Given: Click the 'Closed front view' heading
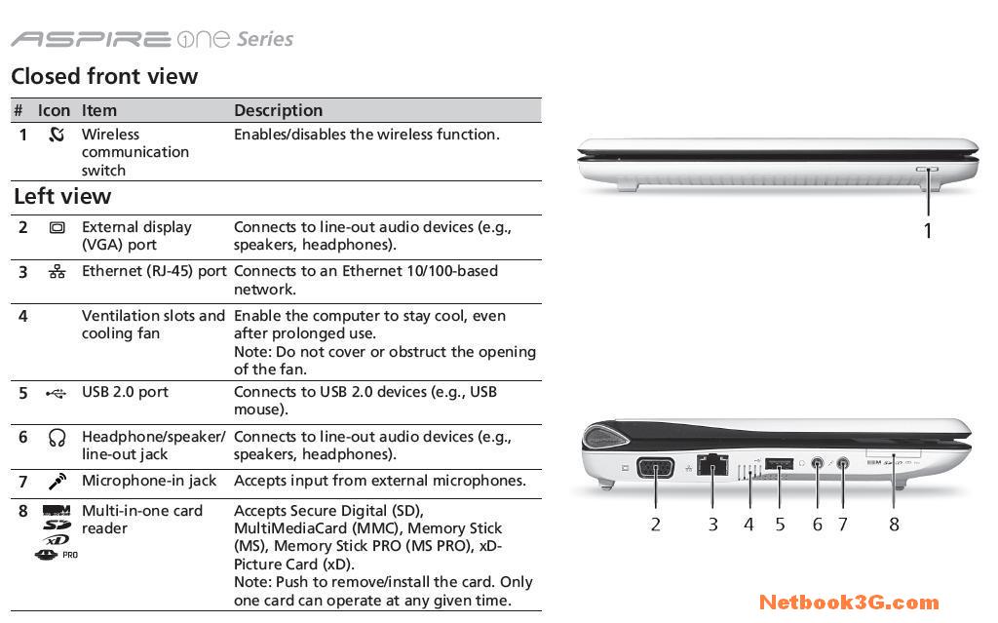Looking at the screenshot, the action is [x=104, y=76].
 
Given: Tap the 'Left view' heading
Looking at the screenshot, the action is [x=62, y=196].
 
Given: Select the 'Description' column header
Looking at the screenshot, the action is [x=278, y=110].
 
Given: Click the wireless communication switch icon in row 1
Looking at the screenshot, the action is [x=57, y=134].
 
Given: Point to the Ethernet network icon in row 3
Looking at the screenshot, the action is [x=57, y=272].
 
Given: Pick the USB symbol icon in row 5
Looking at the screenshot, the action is [x=56, y=394].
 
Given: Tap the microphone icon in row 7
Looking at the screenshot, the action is [x=58, y=482].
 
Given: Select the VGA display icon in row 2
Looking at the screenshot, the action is [x=57, y=227].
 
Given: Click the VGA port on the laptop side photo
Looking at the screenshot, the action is [x=656, y=468].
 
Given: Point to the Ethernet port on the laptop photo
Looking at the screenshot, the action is [x=712, y=464].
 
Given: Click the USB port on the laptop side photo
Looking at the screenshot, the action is [x=779, y=463].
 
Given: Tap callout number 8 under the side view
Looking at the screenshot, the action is [x=895, y=525].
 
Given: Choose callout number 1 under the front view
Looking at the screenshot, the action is [x=928, y=231].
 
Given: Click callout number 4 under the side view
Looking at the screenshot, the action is [x=748, y=525].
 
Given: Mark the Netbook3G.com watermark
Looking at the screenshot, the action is [x=849, y=602].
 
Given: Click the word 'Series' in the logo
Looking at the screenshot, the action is [x=265, y=40].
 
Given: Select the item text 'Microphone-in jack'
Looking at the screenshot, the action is [x=149, y=481].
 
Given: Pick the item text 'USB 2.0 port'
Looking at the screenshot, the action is [x=125, y=392].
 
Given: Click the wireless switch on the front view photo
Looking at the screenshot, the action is [x=927, y=170].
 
